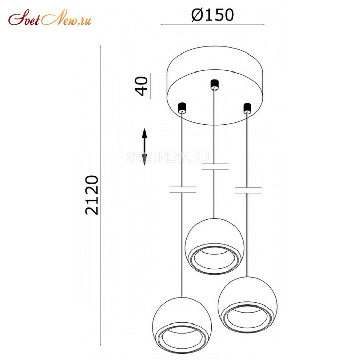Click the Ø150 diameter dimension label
pos(213,15)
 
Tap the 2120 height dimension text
pos(92,195)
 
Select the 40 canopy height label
pos(142,86)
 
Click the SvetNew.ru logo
pos(50,17)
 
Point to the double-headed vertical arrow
pos(145,147)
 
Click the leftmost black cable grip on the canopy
pos(182,107)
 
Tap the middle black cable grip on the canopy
pos(214,84)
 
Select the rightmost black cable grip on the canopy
pos(247,108)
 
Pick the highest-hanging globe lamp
pos(214,246)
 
